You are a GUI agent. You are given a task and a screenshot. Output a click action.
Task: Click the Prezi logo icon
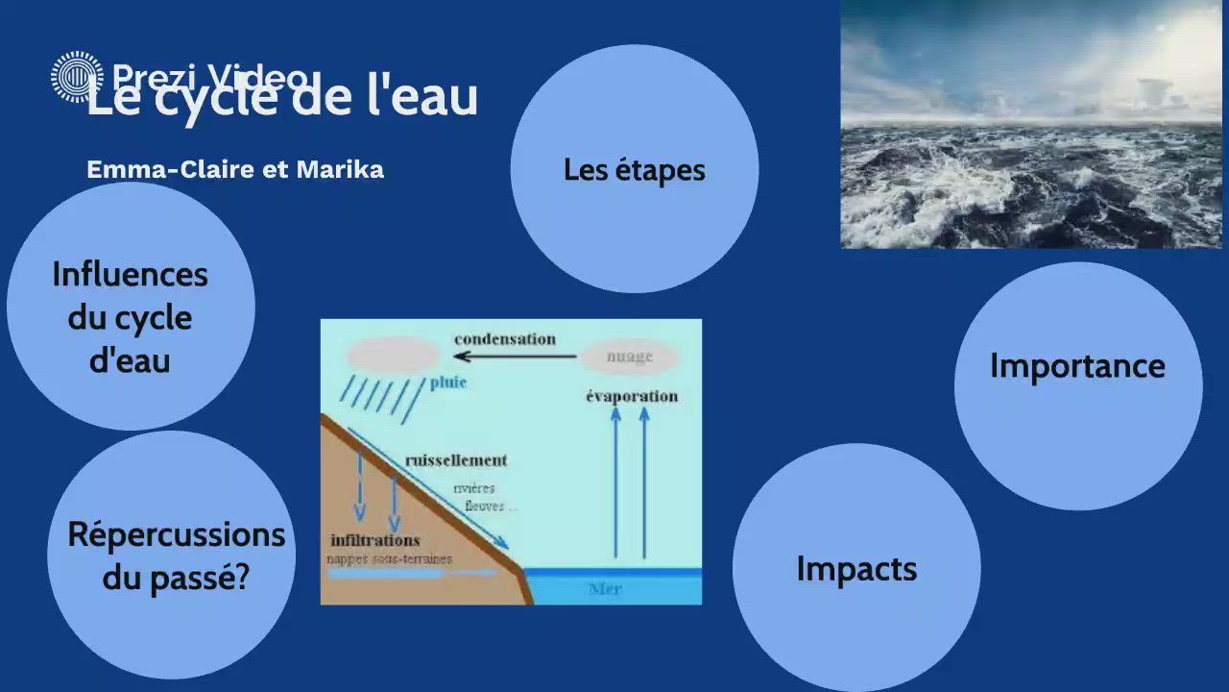[x=77, y=77]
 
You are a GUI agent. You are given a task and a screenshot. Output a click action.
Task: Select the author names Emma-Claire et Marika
[x=235, y=169]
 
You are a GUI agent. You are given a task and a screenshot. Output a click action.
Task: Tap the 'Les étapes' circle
[x=634, y=169]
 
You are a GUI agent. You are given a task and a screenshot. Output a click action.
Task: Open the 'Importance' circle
[x=1077, y=384]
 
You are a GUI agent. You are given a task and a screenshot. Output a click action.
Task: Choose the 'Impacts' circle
[x=856, y=567]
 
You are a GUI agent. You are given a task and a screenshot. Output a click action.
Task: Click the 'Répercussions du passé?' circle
[x=173, y=556]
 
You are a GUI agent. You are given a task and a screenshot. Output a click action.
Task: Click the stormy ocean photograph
[x=1030, y=124]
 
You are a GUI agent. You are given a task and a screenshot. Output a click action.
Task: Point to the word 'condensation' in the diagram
[x=505, y=339]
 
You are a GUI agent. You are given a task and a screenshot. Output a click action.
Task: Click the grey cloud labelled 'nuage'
[x=630, y=357]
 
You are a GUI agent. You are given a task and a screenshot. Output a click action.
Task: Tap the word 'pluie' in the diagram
[x=447, y=383]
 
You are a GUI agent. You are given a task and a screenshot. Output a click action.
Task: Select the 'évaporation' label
[x=632, y=396]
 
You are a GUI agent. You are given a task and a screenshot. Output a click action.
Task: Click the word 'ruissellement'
[x=456, y=460]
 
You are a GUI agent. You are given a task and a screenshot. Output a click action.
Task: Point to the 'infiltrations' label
[x=375, y=540]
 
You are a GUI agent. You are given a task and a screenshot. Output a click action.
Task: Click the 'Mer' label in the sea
[x=605, y=588]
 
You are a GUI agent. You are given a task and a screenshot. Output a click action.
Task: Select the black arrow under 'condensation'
[x=515, y=357]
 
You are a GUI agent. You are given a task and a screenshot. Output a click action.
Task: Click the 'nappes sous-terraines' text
[x=389, y=558]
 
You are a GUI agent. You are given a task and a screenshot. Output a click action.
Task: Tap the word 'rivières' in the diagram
[x=474, y=488]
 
